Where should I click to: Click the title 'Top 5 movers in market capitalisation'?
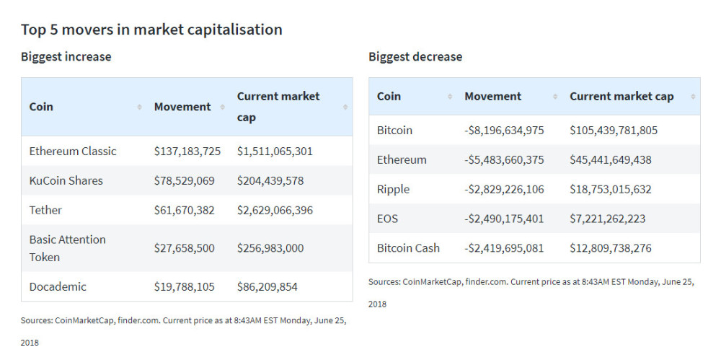151,30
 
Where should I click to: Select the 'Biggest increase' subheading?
66,56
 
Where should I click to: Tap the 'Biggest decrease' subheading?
415,56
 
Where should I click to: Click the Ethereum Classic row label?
72,151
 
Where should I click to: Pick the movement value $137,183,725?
188,151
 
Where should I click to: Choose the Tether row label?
45,210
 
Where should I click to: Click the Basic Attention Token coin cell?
67,247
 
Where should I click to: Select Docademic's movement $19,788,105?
184,286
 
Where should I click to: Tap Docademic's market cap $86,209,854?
267,286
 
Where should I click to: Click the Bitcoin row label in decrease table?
394,130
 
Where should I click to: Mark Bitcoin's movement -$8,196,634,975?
504,130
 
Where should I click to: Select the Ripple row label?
393,189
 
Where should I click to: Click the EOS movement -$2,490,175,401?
504,219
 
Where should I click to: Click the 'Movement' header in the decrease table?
492,96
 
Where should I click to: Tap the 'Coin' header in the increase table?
41,107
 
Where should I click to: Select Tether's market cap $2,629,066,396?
273,210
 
